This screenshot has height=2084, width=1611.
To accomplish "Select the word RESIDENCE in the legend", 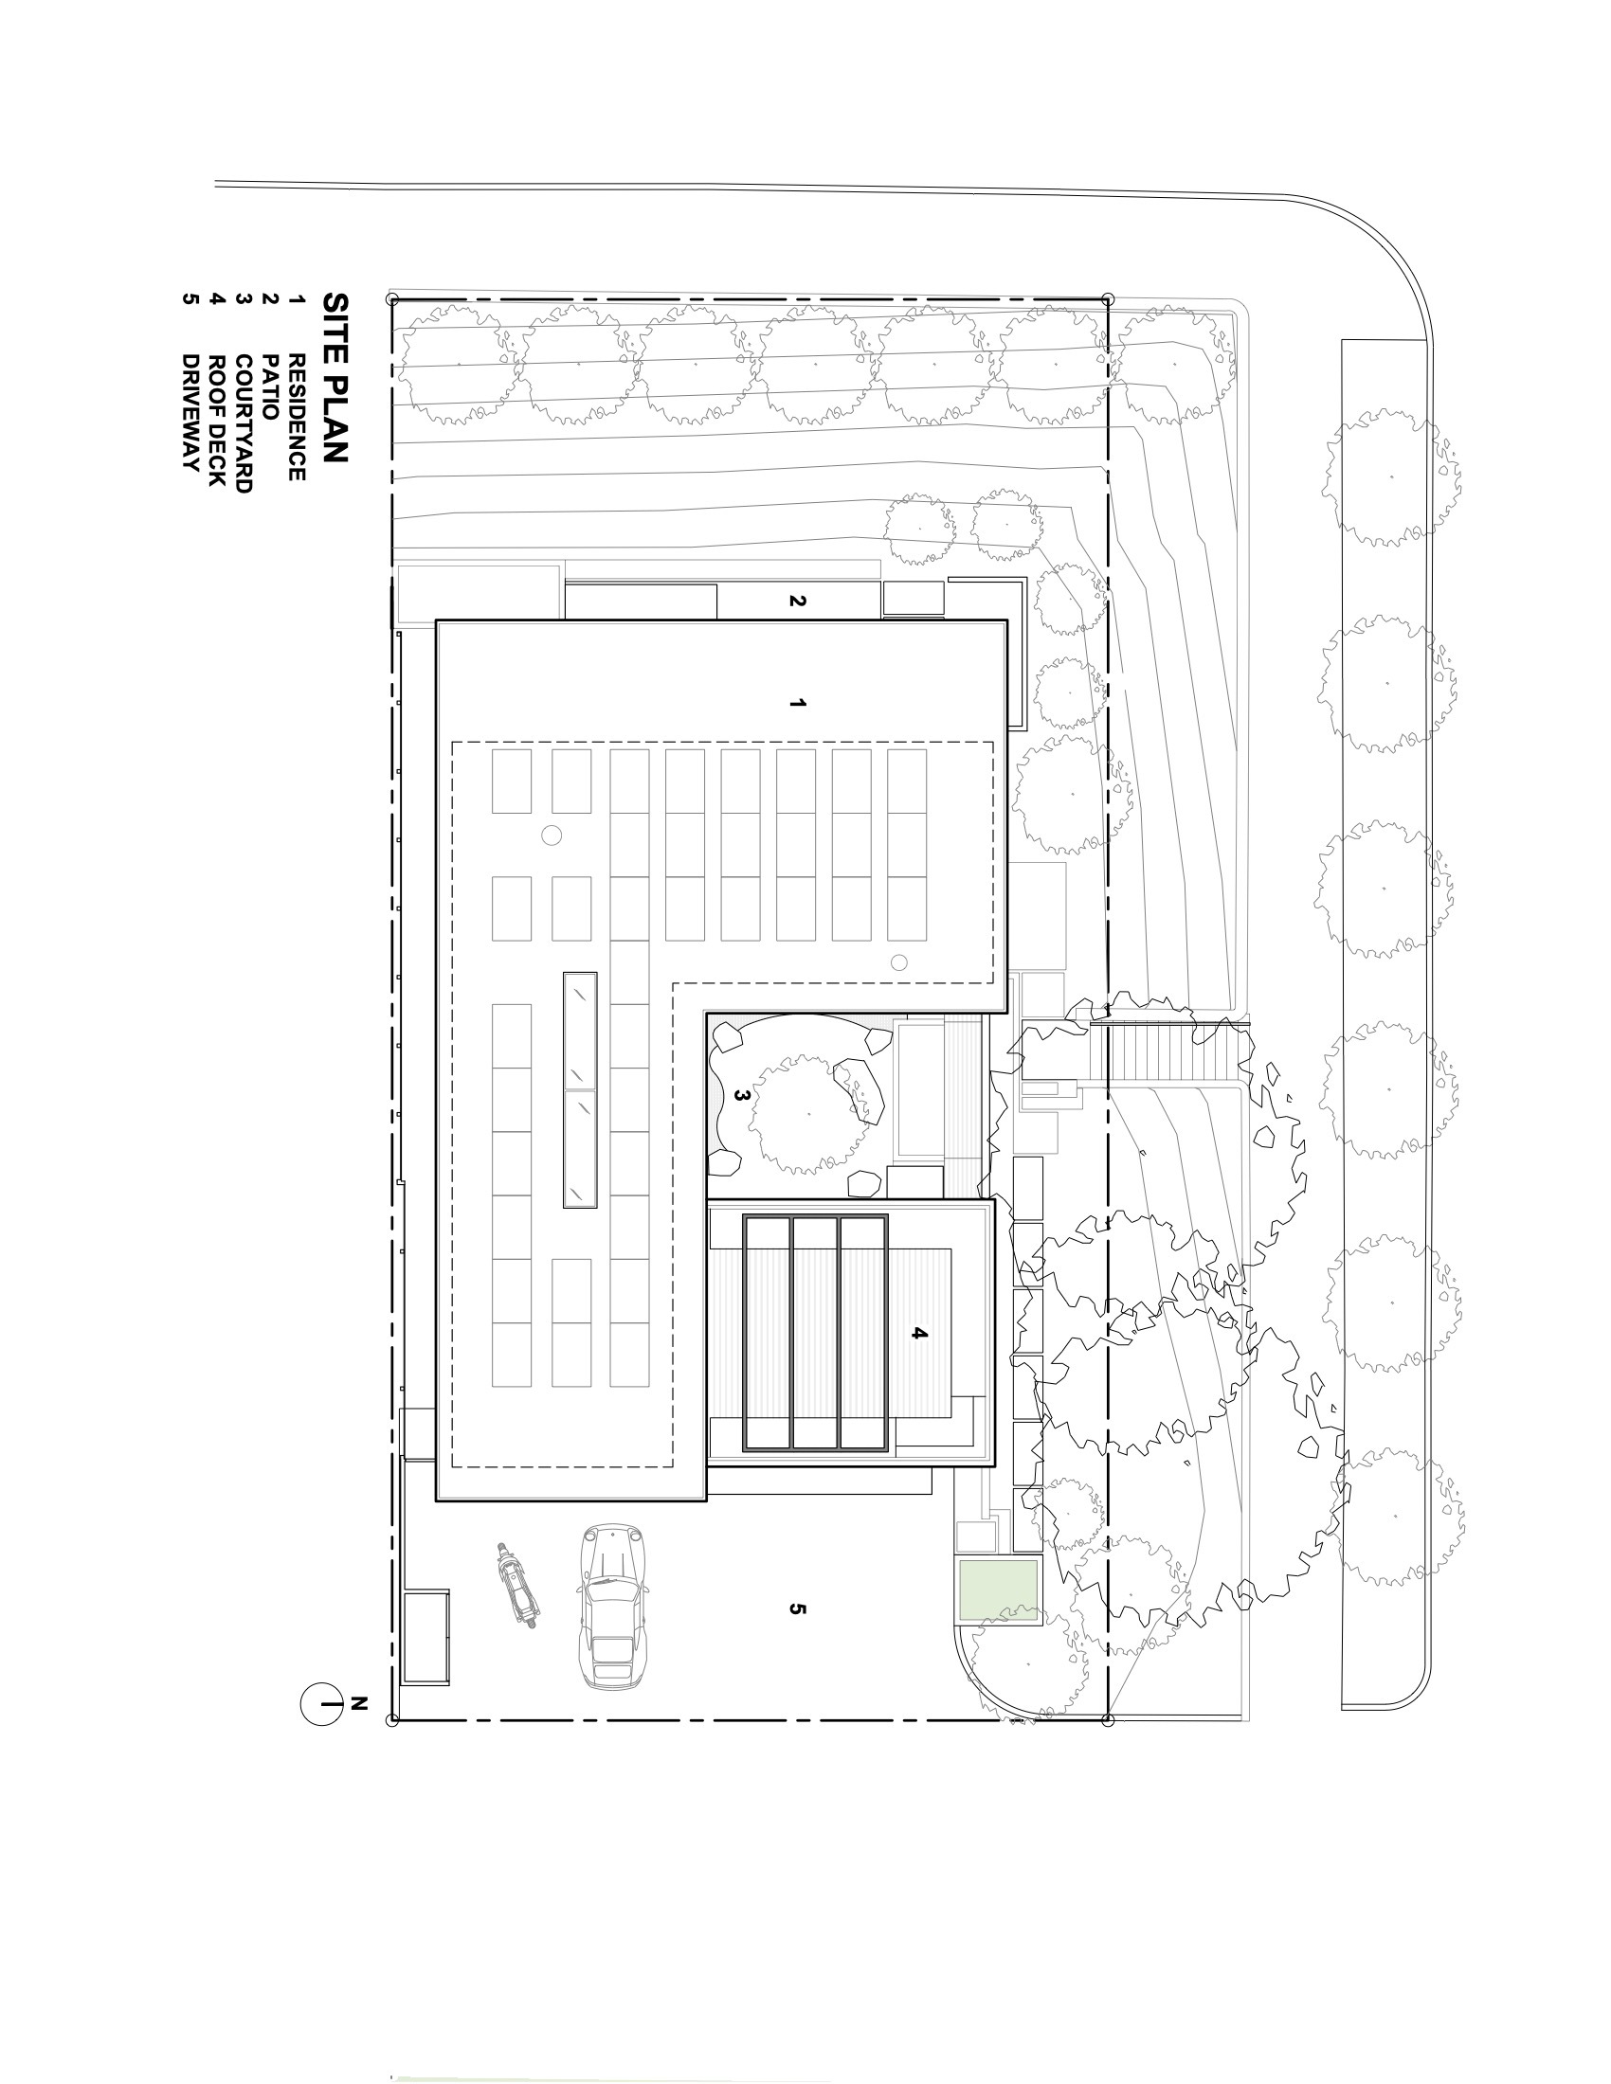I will click(x=297, y=417).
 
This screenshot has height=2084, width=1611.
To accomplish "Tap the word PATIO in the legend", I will click(x=270, y=387).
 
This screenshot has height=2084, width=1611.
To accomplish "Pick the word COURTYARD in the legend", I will click(x=244, y=422).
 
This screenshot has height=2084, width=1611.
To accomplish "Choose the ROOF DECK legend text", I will click(x=217, y=420).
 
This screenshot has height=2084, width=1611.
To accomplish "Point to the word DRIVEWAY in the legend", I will click(x=190, y=412).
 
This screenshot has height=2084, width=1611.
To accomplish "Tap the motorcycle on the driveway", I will click(x=516, y=1584).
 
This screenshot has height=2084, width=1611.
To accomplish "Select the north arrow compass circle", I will click(x=321, y=1703).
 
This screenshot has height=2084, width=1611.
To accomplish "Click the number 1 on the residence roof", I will click(x=798, y=703).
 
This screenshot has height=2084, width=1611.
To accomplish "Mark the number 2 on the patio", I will click(x=798, y=602).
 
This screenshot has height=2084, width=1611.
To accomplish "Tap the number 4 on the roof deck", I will click(x=919, y=1333).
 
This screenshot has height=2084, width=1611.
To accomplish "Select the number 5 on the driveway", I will click(x=798, y=1608).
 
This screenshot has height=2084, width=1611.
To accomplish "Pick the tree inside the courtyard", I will click(x=809, y=1114).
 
